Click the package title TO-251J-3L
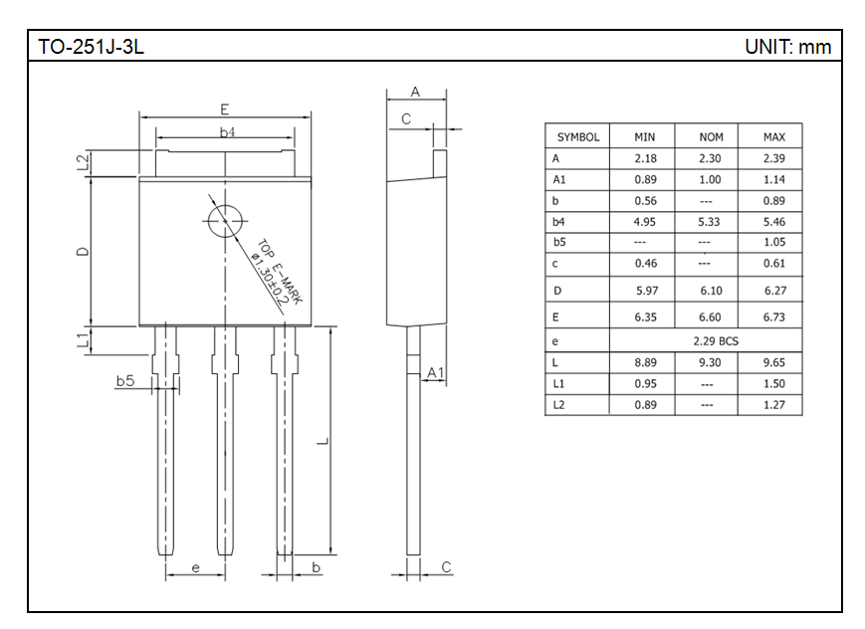[x=91, y=47]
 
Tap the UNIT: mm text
[x=787, y=47]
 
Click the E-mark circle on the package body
[x=225, y=221]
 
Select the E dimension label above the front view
[x=225, y=109]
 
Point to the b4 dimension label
[x=227, y=131]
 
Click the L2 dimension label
[x=83, y=163]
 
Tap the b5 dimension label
[x=125, y=381]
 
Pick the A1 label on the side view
[x=435, y=373]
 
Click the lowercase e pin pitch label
[x=195, y=567]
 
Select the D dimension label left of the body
[x=83, y=252]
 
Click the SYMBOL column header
[x=578, y=136]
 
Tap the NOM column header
[x=711, y=136]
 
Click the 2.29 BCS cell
[x=716, y=341]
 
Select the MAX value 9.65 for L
[x=774, y=362]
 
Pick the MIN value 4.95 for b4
[x=644, y=222]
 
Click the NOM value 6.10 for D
[x=711, y=291]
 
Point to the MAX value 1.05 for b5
[x=774, y=242]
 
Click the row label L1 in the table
[x=558, y=383]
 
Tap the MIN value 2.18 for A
[x=645, y=158]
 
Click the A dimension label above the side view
[x=415, y=92]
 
